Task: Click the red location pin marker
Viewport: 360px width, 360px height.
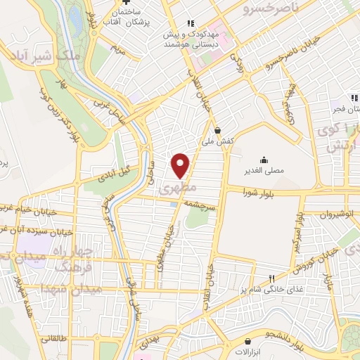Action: coord(181,165)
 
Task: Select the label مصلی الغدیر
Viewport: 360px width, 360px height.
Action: coord(264,171)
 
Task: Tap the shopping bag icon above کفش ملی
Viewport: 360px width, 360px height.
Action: coord(217,130)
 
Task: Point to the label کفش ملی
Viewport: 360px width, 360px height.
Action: coord(218,141)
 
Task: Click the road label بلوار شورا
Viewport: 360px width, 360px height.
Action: coord(259,193)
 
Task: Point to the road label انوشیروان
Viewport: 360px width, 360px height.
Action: coord(333,217)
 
